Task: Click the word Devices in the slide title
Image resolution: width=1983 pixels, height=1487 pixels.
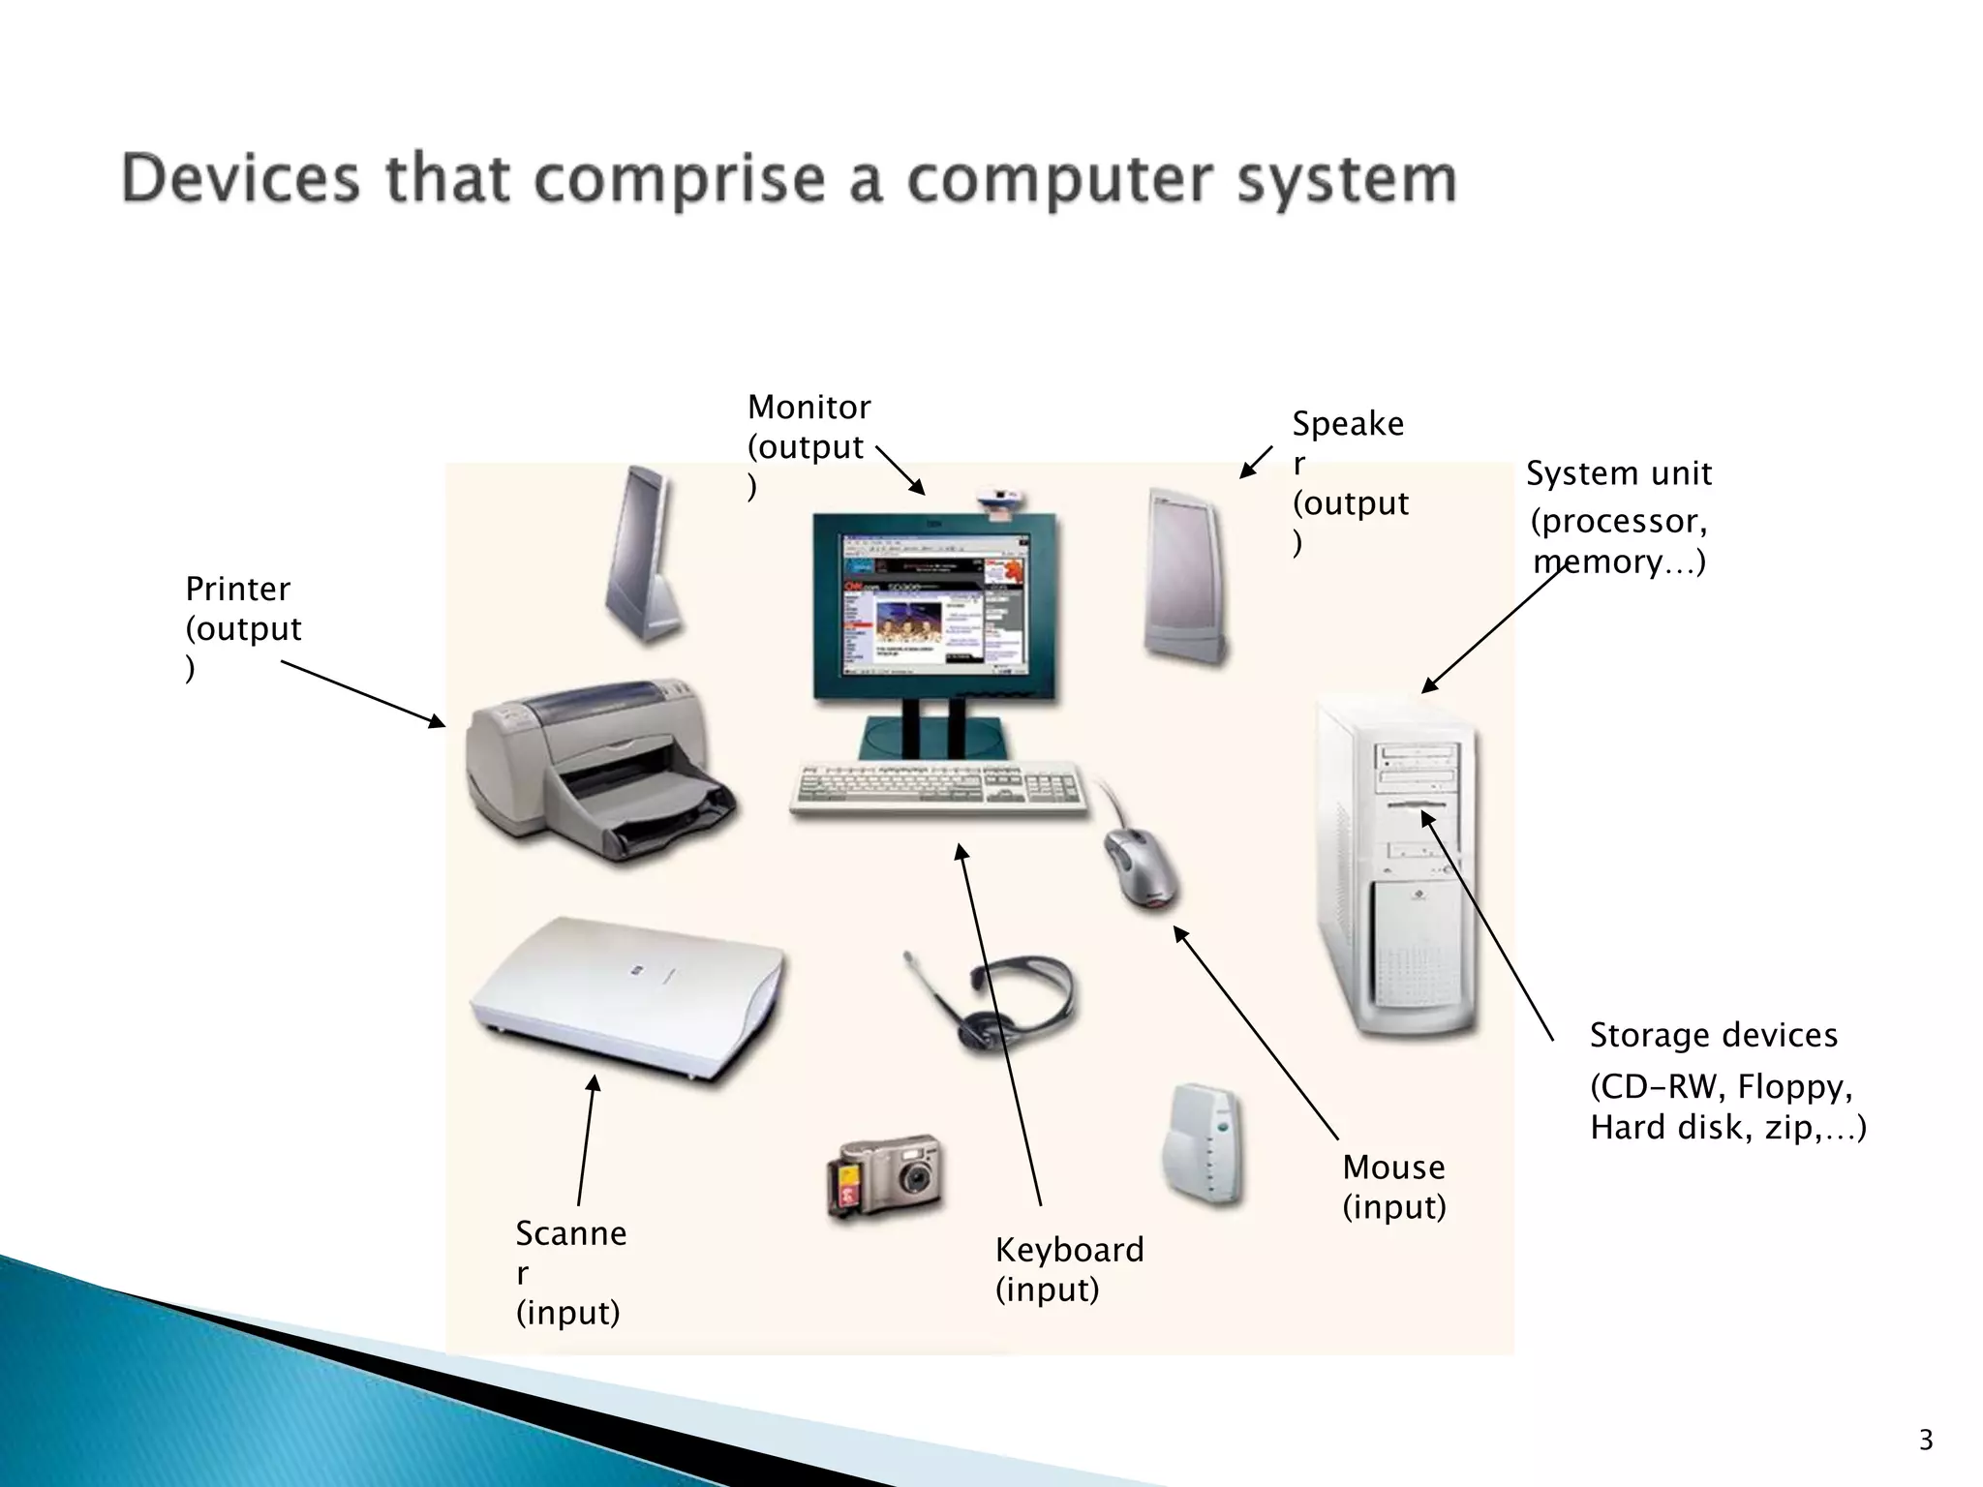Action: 240,181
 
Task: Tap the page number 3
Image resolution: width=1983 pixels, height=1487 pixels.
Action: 1925,1440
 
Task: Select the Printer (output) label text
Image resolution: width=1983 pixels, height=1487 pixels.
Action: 242,627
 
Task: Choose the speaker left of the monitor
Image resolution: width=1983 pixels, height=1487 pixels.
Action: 640,552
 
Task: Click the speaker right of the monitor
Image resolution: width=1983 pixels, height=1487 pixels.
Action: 1183,576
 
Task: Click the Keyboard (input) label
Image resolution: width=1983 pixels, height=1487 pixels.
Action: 1069,1268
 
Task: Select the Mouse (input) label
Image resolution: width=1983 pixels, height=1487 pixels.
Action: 1393,1187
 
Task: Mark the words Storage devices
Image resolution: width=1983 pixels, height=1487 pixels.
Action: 1713,1035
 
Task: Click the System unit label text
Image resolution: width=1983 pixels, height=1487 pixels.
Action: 1619,473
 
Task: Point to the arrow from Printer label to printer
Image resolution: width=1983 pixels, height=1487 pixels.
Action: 363,693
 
